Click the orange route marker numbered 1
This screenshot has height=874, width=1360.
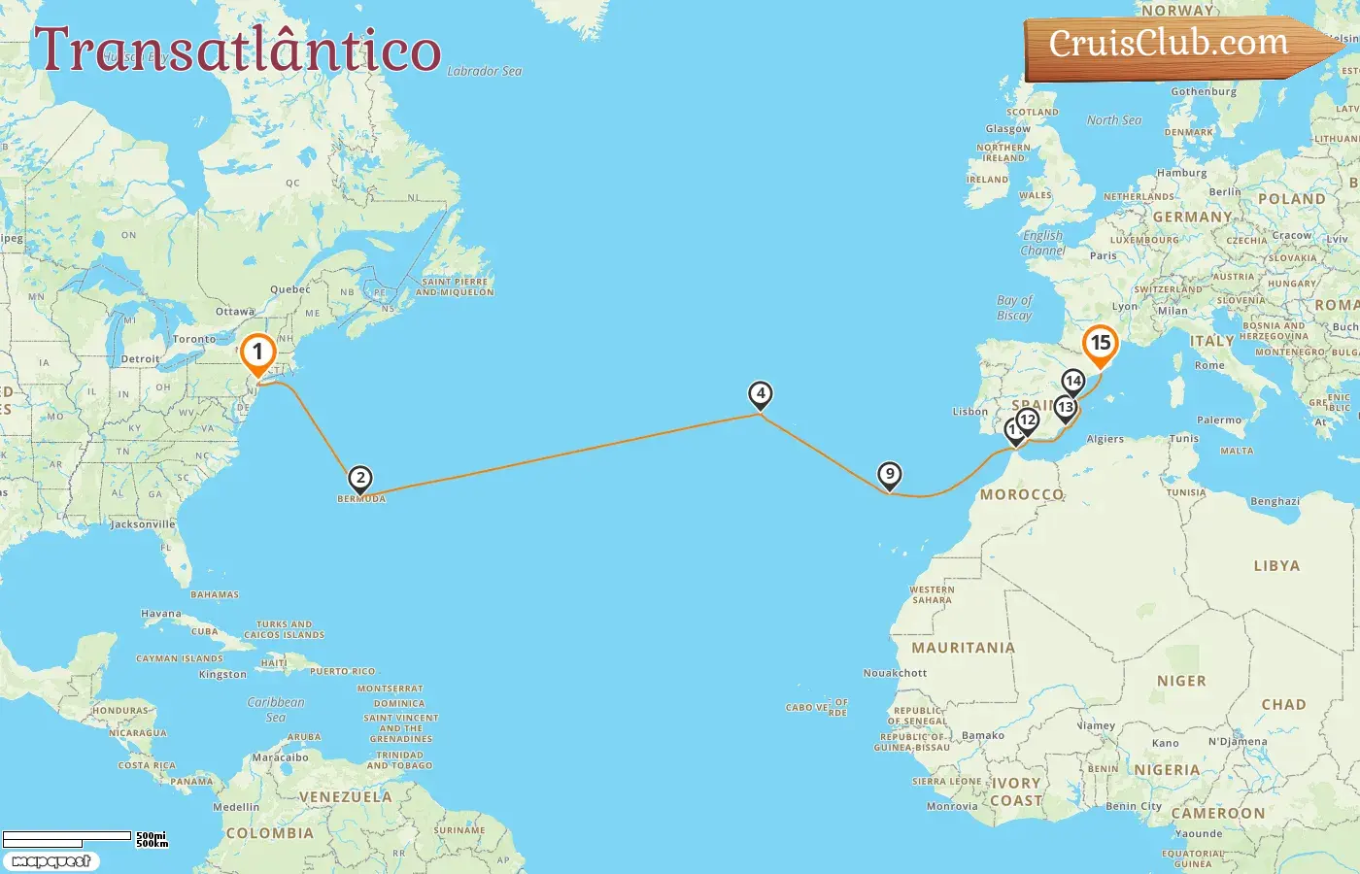pyautogui.click(x=257, y=353)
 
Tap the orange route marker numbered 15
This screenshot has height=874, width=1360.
pyautogui.click(x=1101, y=344)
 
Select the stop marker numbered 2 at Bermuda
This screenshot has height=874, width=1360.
pyautogui.click(x=360, y=479)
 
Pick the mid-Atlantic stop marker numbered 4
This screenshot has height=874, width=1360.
pyautogui.click(x=761, y=395)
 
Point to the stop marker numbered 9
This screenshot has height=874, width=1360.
pyautogui.click(x=889, y=476)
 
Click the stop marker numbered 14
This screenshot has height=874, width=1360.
pyautogui.click(x=1073, y=382)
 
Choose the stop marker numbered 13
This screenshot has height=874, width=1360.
pyautogui.click(x=1066, y=408)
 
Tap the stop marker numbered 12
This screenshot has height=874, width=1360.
pyautogui.click(x=1028, y=420)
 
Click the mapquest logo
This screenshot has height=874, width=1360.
pyautogui.click(x=51, y=861)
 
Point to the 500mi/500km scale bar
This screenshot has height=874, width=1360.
pyautogui.click(x=68, y=837)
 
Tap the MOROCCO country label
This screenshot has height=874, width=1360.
pyautogui.click(x=1021, y=494)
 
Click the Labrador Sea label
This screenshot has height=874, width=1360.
pyautogui.click(x=485, y=71)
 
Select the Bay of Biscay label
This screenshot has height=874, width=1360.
pyautogui.click(x=1014, y=308)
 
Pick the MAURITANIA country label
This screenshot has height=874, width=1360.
pyautogui.click(x=963, y=648)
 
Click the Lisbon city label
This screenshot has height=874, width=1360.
pyautogui.click(x=969, y=412)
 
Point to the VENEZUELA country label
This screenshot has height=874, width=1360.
pyautogui.click(x=345, y=797)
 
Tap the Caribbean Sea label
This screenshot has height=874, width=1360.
pyautogui.click(x=276, y=709)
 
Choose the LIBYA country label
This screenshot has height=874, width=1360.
pyautogui.click(x=1276, y=565)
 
